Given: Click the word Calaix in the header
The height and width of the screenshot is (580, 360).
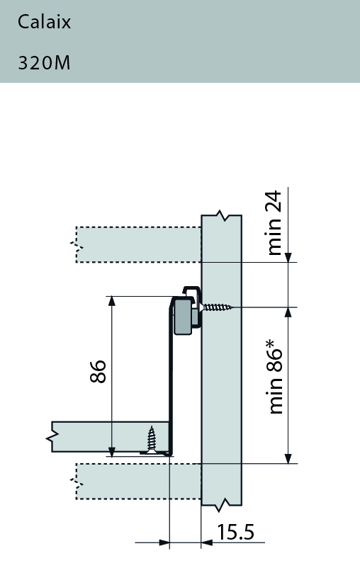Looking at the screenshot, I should click(44, 22).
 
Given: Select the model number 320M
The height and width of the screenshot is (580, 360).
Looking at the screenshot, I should click(44, 62).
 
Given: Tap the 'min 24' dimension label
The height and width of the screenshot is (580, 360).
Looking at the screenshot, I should click(276, 222).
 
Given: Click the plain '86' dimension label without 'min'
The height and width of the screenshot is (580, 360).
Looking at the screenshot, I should click(99, 372).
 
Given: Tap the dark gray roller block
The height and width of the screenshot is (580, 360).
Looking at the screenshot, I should click(183, 317).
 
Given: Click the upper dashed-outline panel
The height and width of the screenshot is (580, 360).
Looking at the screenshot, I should click(138, 244).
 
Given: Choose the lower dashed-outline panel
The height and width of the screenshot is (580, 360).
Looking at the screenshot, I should click(138, 481).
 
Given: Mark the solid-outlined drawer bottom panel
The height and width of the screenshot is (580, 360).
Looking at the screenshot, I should click(110, 436).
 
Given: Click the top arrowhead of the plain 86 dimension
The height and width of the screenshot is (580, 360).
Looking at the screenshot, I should click(111, 302).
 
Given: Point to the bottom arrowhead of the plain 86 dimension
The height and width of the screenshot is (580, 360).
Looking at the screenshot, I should click(111, 451).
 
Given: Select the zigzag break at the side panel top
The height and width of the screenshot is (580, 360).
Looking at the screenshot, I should click(222, 213).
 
